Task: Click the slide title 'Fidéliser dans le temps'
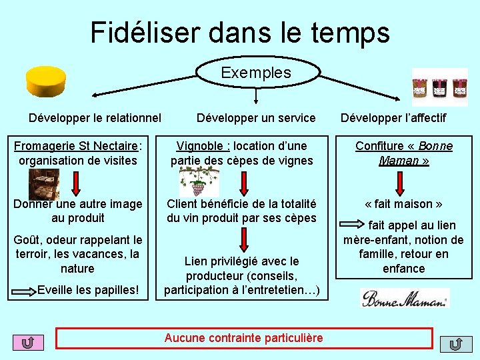pos(240,32)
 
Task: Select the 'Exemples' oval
pos(256,73)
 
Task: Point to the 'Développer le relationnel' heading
pos(95,118)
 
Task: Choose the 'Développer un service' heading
pos(256,118)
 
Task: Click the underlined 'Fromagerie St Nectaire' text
pos(76,146)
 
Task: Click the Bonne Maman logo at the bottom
pos(405,298)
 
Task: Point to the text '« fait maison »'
pos(403,204)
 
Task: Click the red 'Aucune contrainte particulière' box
pos(243,338)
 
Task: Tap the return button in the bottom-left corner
pos(28,343)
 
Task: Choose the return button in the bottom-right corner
pos(456,343)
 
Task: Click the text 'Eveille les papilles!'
pos(88,290)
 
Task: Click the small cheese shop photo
pos(43,181)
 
